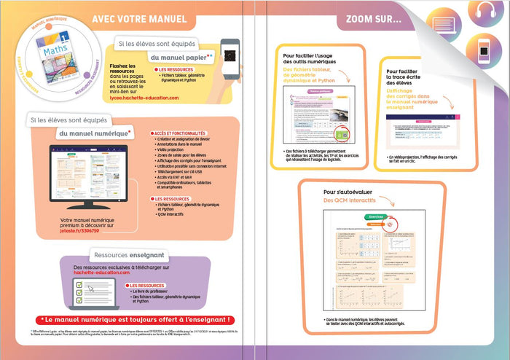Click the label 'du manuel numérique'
[95, 133]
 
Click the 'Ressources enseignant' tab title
[128, 255]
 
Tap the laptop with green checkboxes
[96, 293]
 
